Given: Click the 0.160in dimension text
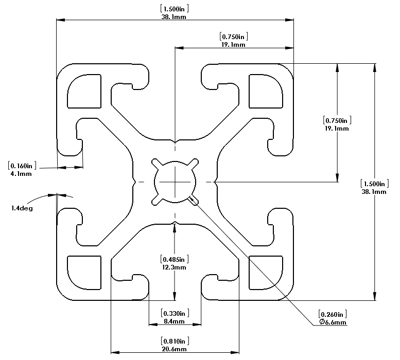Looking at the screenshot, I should pos(21,166).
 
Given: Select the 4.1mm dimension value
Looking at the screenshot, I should pos(21,174).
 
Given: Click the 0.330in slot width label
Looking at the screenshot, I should pos(174,313).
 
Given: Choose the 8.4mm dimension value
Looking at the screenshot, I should pos(174,321).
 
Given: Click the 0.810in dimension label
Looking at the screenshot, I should pos(174,341).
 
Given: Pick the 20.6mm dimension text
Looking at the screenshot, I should pos(174,349).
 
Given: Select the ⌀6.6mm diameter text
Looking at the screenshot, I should pos(333,322).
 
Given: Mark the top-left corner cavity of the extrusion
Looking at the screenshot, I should pos(84,92).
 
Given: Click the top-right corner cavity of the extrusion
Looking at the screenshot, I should pos(266,92).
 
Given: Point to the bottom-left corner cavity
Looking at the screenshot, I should pos(84,272).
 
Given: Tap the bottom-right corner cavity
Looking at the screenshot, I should pos(266,272).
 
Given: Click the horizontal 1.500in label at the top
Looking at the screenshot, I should pos(173,8).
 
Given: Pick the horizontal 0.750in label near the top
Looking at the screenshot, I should pos(234,37).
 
